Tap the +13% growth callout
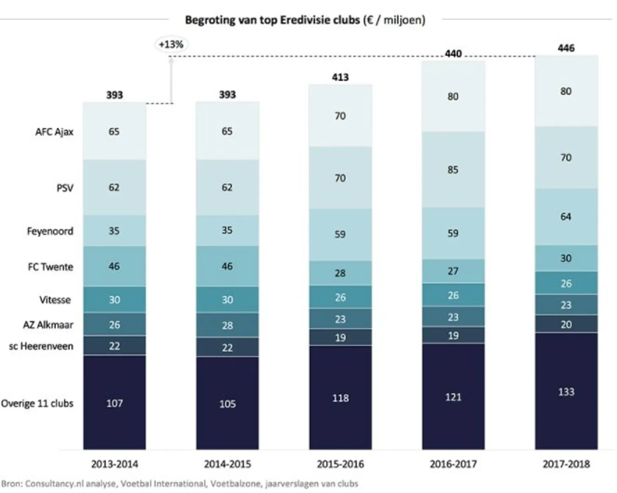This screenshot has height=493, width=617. tap(171, 44)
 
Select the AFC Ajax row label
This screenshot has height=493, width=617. tap(54, 131)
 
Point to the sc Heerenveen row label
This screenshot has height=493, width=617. tap(41, 346)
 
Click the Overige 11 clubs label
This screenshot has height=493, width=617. tap(37, 403)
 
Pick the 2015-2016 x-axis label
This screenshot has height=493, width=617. tap(340, 464)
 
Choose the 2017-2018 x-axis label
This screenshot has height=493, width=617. tap(566, 464)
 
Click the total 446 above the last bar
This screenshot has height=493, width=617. tap(566, 48)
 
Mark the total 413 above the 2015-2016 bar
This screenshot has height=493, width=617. tap(340, 77)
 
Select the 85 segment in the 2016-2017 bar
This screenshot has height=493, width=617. tap(453, 170)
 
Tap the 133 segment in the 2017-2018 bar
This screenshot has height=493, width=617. tap(566, 392)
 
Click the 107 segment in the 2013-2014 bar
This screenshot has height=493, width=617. tap(114, 403)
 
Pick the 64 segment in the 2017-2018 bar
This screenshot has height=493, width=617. tap(566, 216)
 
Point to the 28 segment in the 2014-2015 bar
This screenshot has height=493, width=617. tap(227, 325)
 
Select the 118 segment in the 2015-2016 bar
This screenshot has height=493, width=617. tap(340, 398)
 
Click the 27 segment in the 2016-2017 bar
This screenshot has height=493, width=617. tap(453, 271)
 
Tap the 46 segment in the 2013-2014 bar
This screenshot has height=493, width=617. tap(114, 266)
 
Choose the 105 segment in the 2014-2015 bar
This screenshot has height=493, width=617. tap(227, 404)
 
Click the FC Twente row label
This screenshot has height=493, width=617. tap(50, 267)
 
